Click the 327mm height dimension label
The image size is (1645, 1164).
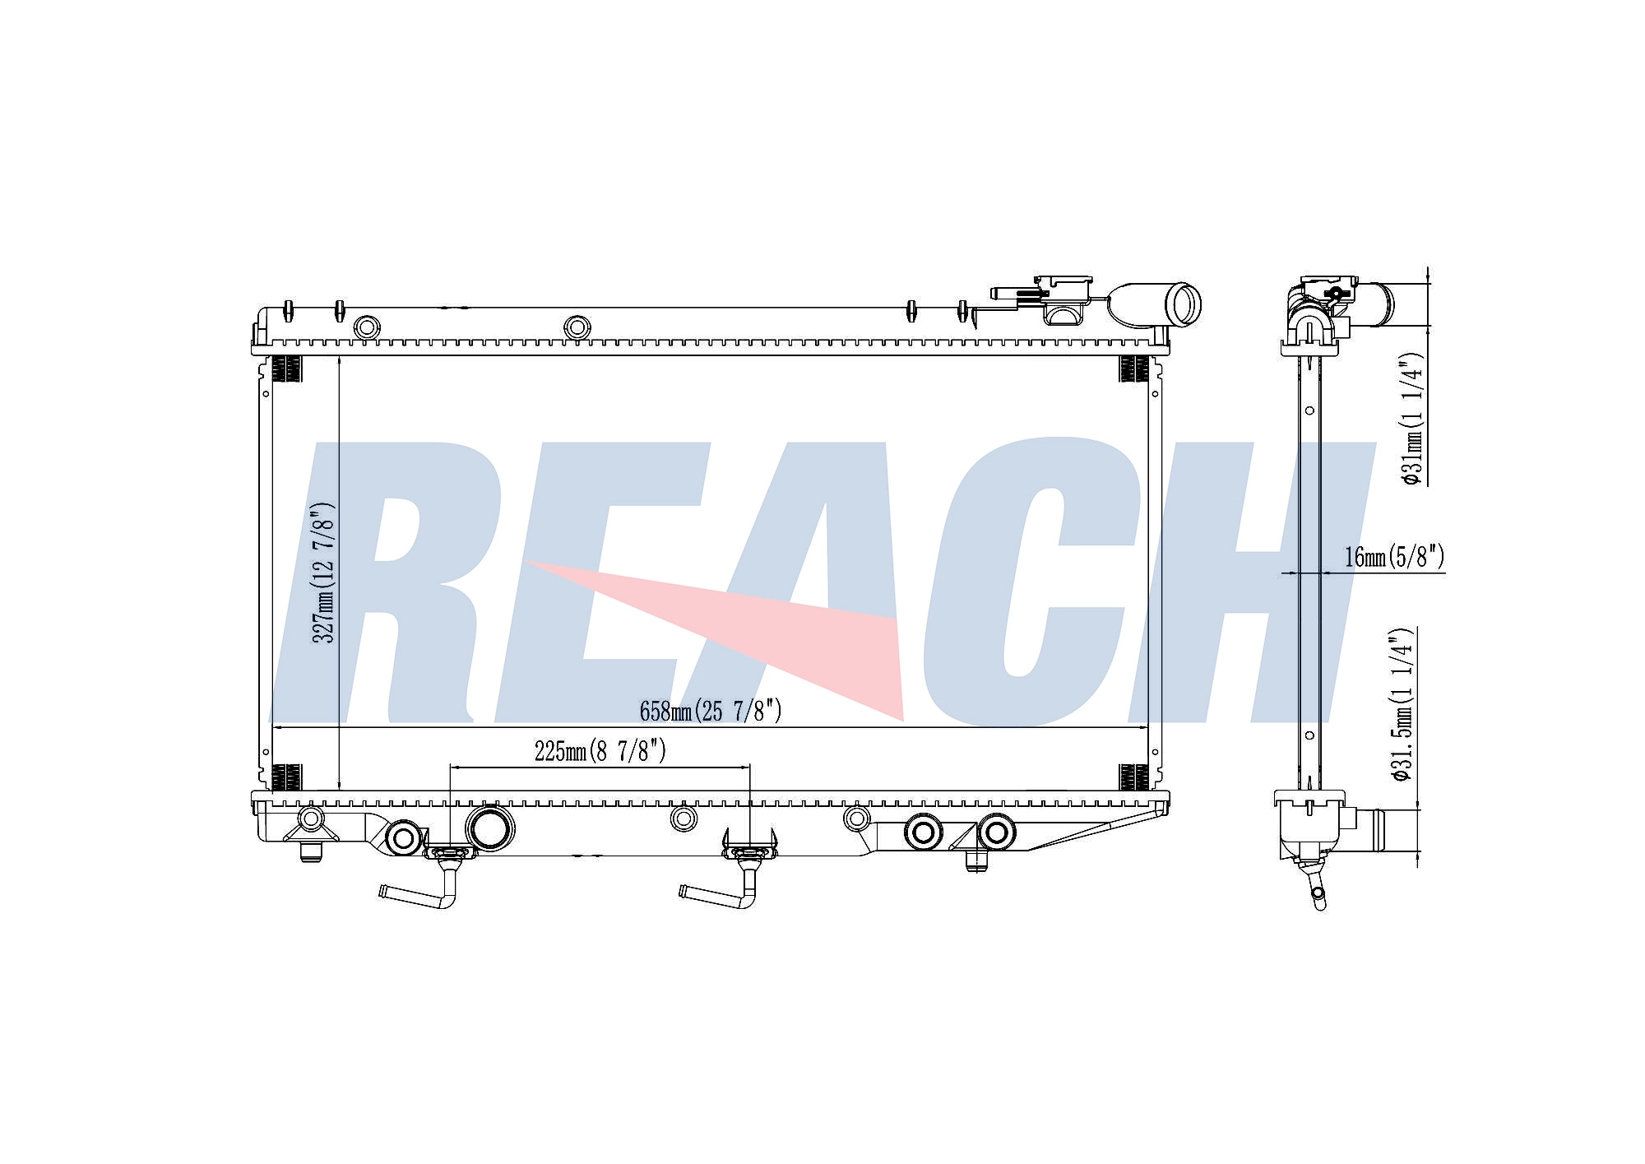click(x=324, y=573)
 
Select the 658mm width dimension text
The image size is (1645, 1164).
click(x=711, y=711)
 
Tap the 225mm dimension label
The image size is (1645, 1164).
click(x=600, y=750)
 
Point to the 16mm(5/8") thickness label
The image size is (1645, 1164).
click(x=1395, y=557)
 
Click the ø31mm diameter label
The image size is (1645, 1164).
click(x=1414, y=419)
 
